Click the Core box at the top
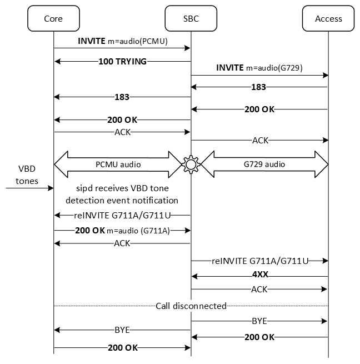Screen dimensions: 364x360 [53, 18]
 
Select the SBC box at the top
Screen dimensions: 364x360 [191, 18]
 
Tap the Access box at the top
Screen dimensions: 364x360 [328, 18]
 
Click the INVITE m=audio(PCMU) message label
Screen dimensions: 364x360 [123, 41]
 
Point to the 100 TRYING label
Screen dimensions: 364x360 [123, 62]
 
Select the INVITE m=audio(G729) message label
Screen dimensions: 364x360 [260, 67]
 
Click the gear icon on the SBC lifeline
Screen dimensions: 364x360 [191, 164]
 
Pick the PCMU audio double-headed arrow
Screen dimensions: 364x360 [118, 164]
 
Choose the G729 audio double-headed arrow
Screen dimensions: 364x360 [264, 164]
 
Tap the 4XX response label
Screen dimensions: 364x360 [260, 274]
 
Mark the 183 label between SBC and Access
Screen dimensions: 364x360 [259, 87]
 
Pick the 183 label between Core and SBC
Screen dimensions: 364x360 [121, 97]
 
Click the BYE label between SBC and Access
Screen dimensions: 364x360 [260, 321]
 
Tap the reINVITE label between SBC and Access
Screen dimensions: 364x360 [260, 261]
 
